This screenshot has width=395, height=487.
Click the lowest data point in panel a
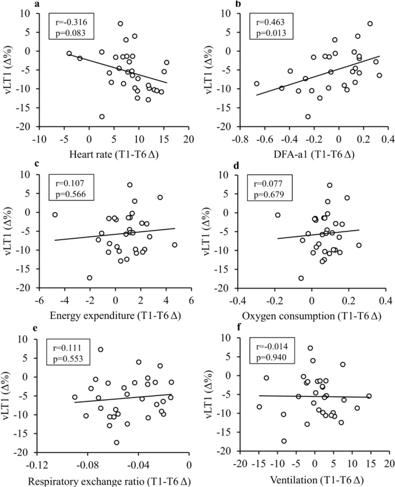102,117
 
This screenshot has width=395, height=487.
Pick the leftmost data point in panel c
55,215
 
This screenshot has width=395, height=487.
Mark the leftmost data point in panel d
278,215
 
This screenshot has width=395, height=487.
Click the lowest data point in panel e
117,442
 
